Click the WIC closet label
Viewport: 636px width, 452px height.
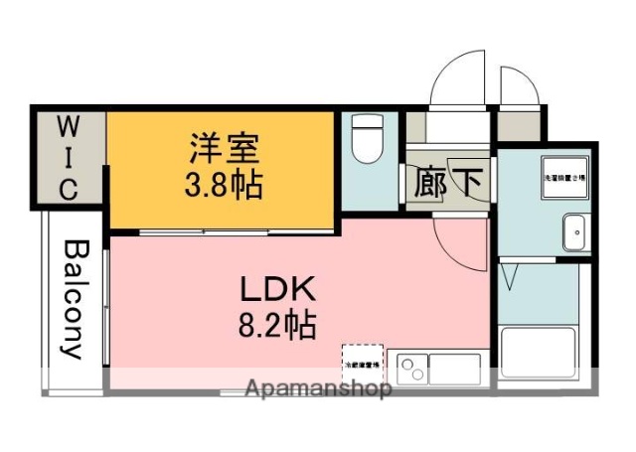tap(67, 158)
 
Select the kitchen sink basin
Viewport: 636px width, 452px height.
tap(456, 368)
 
